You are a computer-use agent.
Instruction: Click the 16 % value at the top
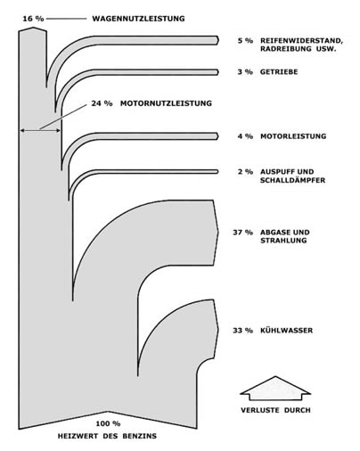click(33, 19)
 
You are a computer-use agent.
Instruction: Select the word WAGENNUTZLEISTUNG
click(138, 19)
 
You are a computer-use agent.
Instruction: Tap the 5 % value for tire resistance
click(245, 41)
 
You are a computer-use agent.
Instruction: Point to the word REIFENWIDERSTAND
click(301, 41)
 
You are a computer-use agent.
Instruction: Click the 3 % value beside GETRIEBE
click(245, 72)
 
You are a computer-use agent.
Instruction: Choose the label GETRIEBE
click(279, 72)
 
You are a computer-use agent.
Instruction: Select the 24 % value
click(102, 103)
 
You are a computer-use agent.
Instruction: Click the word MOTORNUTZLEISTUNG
click(166, 103)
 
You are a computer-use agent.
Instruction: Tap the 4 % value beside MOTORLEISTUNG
click(245, 136)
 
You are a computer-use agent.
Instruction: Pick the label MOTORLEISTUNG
click(293, 136)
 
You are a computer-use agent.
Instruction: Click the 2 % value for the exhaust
click(245, 172)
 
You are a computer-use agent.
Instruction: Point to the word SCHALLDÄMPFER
click(292, 180)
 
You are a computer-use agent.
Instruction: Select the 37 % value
click(243, 233)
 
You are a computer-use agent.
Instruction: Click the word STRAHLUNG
click(283, 241)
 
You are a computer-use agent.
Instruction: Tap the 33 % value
click(243, 331)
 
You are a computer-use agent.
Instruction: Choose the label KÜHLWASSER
click(286, 331)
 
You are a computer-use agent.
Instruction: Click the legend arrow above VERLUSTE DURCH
click(275, 388)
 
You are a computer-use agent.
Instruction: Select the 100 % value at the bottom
click(108, 423)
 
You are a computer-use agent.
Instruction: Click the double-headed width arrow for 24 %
click(40, 130)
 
